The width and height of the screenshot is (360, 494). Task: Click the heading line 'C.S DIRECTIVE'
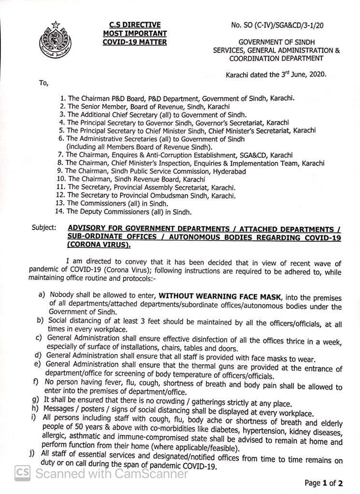(135, 25)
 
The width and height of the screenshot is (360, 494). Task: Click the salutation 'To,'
(43, 83)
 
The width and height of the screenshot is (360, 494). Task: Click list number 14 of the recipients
(60, 211)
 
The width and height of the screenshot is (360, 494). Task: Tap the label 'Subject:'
(43, 227)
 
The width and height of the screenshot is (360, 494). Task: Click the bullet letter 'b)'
(40, 320)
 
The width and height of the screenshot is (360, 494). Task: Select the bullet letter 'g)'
(35, 400)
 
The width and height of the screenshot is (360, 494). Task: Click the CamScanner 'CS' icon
(22, 473)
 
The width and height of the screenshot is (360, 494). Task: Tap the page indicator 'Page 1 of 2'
(323, 483)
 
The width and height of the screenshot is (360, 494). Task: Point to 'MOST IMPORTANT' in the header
(135, 33)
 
